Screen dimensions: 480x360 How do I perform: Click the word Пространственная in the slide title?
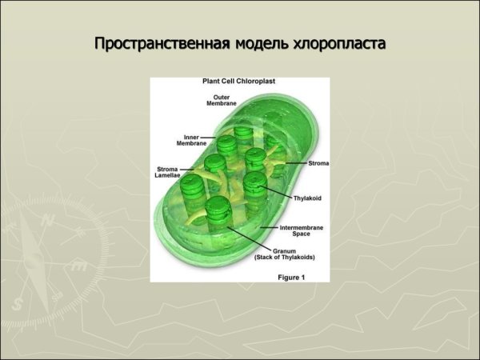click(x=162, y=43)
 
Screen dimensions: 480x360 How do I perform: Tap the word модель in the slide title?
click(x=262, y=44)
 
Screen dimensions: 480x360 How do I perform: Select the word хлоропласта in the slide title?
click(x=339, y=44)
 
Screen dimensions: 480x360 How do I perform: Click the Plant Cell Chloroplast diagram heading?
click(x=238, y=81)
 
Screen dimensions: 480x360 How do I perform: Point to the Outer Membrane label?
click(x=222, y=101)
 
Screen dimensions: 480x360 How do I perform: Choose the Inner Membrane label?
click(x=191, y=140)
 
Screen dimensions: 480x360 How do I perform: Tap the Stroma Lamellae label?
click(x=167, y=172)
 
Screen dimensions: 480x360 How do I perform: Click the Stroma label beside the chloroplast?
click(x=318, y=163)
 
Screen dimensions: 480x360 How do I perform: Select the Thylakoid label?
click(x=307, y=198)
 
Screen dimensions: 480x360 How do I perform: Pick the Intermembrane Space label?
click(x=302, y=230)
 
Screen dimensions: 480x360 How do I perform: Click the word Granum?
click(x=284, y=251)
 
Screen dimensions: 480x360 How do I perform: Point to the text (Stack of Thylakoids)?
click(x=285, y=257)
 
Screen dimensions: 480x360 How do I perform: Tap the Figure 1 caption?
click(x=291, y=278)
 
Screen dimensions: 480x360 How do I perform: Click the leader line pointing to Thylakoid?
click(x=275, y=192)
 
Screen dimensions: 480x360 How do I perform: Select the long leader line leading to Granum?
click(x=249, y=238)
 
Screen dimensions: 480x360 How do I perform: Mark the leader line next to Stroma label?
click(x=296, y=163)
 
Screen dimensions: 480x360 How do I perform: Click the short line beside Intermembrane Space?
click(x=269, y=227)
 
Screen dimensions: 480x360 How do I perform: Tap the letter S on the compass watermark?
click(x=17, y=304)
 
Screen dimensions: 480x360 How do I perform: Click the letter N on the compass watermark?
click(x=48, y=219)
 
